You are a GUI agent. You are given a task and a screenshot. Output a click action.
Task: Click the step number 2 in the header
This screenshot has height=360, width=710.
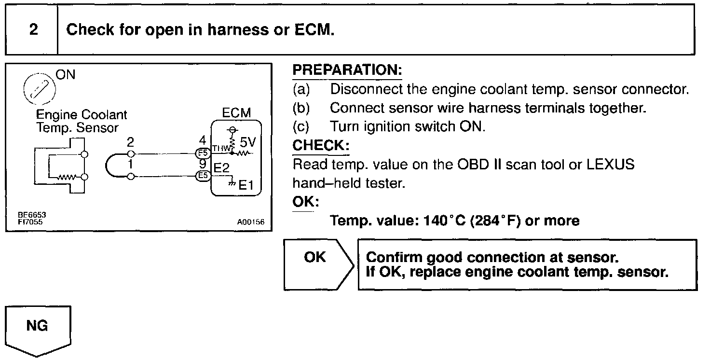tap(33, 30)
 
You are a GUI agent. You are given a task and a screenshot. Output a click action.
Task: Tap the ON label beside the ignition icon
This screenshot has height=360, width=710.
tap(66, 75)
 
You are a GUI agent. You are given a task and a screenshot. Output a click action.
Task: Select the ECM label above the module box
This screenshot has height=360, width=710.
tap(236, 112)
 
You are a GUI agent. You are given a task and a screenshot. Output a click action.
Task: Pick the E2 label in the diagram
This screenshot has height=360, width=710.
tap(221, 168)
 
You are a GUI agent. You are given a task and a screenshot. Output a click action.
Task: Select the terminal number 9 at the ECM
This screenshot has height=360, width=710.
tap(203, 165)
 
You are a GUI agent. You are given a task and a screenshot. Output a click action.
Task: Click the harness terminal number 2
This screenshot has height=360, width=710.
tap(130, 142)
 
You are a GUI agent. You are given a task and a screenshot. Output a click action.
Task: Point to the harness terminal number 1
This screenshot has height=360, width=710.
tap(130, 166)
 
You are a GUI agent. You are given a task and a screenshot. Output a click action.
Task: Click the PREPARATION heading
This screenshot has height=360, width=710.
tap(347, 70)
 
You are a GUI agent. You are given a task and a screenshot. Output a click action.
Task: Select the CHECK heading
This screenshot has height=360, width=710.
tap(321, 145)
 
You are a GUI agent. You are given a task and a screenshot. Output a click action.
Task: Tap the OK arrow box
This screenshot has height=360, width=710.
tap(316, 263)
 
